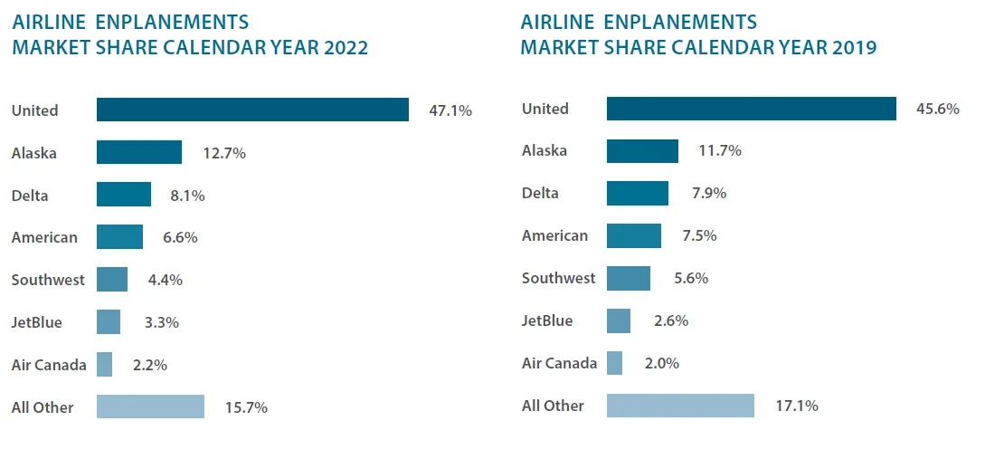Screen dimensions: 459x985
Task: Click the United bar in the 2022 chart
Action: (x=252, y=110)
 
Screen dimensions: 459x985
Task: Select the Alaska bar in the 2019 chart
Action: (x=642, y=151)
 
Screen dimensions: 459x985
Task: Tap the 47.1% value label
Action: (x=450, y=110)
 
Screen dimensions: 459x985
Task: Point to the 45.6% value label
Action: (x=937, y=109)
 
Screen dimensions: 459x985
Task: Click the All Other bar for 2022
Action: (x=150, y=406)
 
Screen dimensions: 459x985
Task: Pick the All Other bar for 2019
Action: (x=680, y=406)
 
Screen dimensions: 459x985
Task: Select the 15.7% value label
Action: (x=245, y=407)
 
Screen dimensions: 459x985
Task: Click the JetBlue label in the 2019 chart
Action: (x=547, y=321)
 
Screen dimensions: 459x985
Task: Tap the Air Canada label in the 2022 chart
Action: (x=49, y=365)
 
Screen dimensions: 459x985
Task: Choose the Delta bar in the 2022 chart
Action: (x=124, y=195)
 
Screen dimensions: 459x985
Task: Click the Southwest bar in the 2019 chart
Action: (x=629, y=279)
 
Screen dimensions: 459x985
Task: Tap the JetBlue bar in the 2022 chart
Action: (x=109, y=322)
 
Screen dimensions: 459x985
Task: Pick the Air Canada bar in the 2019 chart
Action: (x=614, y=363)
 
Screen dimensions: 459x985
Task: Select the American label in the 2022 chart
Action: (x=44, y=237)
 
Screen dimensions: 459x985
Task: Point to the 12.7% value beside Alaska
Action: (x=223, y=153)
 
